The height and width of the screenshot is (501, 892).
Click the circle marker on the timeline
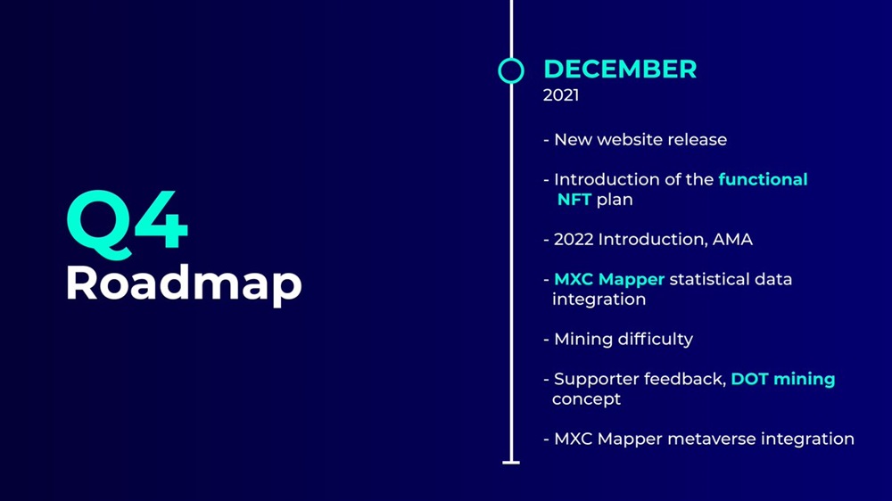511,59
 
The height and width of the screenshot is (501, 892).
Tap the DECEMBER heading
620,70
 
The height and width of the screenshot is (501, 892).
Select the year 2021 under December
561,95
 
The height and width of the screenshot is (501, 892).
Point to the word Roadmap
184,284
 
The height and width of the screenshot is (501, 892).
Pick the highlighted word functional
763,179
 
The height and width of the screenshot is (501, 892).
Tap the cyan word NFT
574,200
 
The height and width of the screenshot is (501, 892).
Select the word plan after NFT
615,201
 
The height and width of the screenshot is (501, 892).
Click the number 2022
574,240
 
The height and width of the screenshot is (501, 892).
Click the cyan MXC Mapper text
609,280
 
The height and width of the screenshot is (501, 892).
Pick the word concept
587,399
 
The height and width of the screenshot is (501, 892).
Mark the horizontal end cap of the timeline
511,463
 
